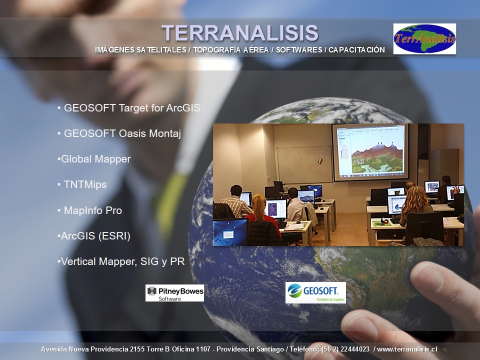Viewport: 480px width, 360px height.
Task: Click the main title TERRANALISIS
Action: pos(240,33)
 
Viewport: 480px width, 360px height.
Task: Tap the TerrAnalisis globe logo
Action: pos(424,39)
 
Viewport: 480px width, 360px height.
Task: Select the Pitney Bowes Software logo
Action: pos(174,293)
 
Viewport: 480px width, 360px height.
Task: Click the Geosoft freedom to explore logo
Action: pos(315,292)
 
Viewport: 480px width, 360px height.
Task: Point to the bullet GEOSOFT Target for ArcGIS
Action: pos(129,108)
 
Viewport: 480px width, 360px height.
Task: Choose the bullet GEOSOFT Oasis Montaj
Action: pos(119,133)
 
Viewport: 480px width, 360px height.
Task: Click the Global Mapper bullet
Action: pos(94,159)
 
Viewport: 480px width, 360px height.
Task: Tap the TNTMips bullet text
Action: pos(82,184)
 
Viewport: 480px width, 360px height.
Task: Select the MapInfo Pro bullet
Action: pos(89,210)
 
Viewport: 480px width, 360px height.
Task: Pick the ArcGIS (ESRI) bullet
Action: pos(94,236)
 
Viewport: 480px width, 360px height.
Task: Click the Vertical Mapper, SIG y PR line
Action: pos(121,261)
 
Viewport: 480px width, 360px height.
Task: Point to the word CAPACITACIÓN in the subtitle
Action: pos(356,50)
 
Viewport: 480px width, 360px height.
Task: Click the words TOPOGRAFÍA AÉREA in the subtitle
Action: pos(231,50)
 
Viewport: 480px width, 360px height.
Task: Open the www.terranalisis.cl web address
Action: pos(407,349)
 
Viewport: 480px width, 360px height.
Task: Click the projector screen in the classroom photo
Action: pos(370,151)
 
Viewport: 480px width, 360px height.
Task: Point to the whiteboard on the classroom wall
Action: pos(304,164)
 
